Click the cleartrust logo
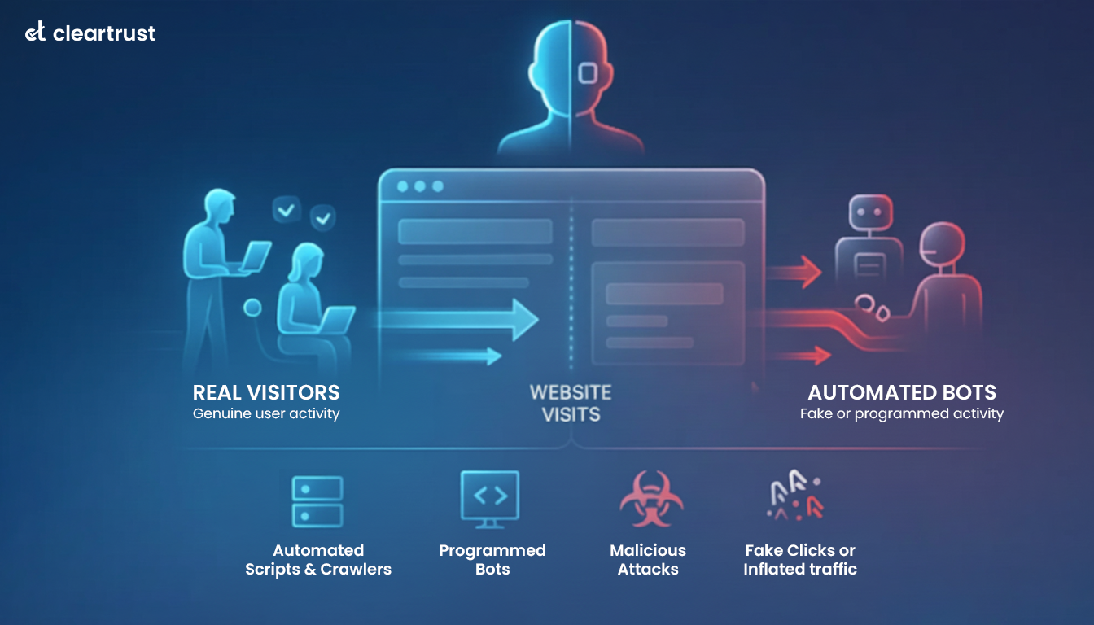pyautogui.click(x=90, y=33)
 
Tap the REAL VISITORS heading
pyautogui.click(x=266, y=392)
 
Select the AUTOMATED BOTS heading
pyautogui.click(x=902, y=392)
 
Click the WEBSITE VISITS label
pyautogui.click(x=571, y=403)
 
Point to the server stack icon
pyautogui.click(x=317, y=502)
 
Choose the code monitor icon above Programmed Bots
pyautogui.click(x=490, y=499)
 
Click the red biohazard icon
pyautogui.click(x=650, y=499)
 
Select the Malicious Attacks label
pyautogui.click(x=648, y=560)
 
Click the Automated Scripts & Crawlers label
pyautogui.click(x=318, y=560)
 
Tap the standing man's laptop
pyautogui.click(x=254, y=259)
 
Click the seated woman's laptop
pyautogui.click(x=335, y=320)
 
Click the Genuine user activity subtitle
pyautogui.click(x=266, y=414)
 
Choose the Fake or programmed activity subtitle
pyautogui.click(x=902, y=414)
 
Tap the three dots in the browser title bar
pyautogui.click(x=420, y=186)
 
